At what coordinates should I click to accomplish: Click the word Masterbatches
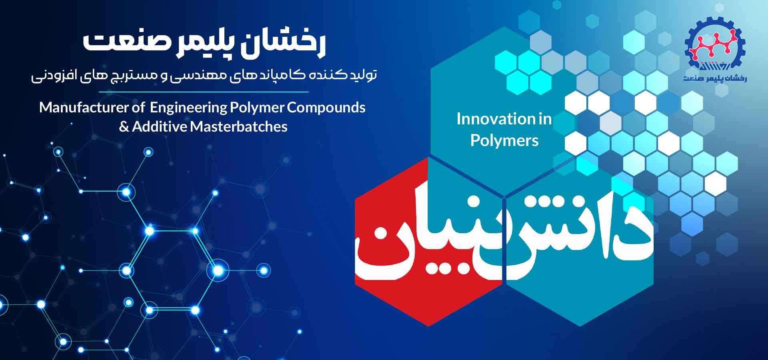coord(238,127)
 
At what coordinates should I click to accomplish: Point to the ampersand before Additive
coord(124,127)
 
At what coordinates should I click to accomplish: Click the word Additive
coord(160,127)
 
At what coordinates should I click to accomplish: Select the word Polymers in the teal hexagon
coord(504,140)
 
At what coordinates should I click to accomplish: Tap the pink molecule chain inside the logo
coord(715,44)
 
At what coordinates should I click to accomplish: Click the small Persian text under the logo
coord(715,78)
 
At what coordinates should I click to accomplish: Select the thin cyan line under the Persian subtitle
coord(204,92)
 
